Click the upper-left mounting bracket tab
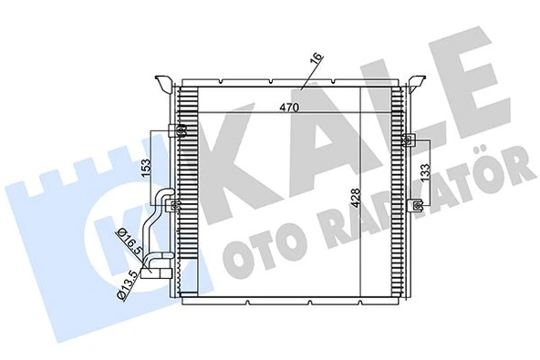[x=164, y=85]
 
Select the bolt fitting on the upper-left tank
[x=180, y=130]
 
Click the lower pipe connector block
[x=161, y=263]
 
